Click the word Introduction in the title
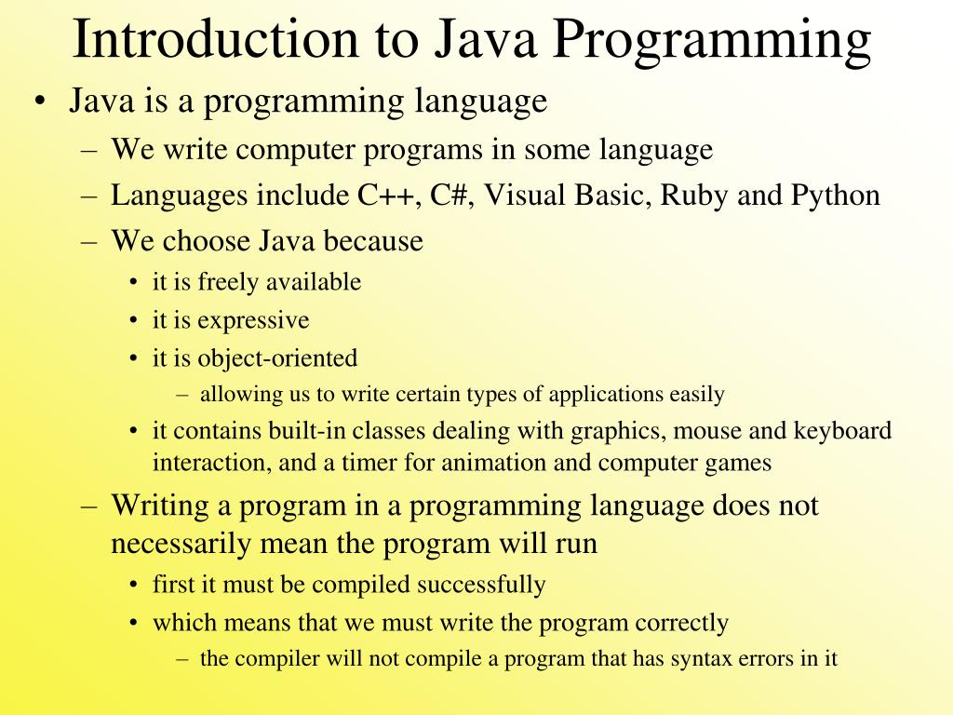click(x=213, y=39)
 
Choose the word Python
click(x=835, y=196)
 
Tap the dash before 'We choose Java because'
click(x=89, y=242)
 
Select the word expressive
click(x=253, y=321)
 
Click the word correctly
click(x=681, y=623)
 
